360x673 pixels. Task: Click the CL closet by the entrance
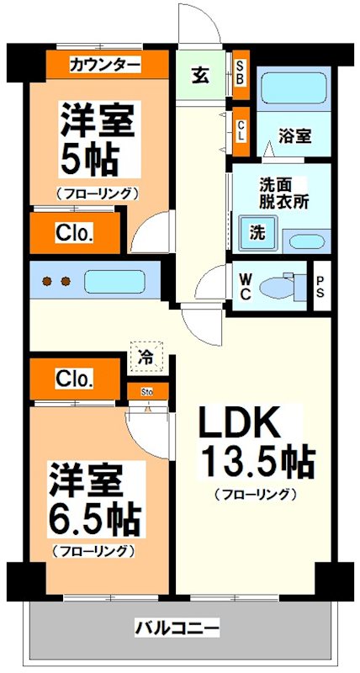[x=241, y=130]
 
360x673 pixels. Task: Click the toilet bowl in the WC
[x=278, y=287]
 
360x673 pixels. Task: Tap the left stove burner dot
[x=47, y=281]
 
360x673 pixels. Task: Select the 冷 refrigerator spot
[x=146, y=357]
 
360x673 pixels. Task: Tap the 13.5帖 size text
[x=256, y=461]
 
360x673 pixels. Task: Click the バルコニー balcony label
[x=177, y=628]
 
